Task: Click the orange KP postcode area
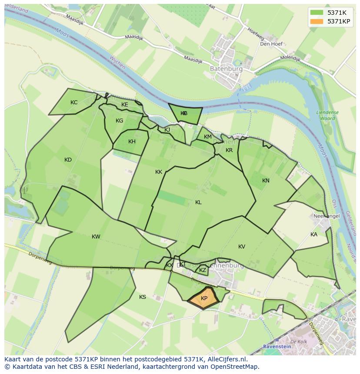[x=204, y=298]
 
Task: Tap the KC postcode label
[x=74, y=103]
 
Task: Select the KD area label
[x=68, y=160]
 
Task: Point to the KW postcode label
[x=96, y=237]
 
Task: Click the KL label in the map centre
[x=198, y=202]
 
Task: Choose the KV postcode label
[x=242, y=247]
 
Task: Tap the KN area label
[x=266, y=181]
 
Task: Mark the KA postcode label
[x=314, y=235]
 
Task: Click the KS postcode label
[x=143, y=297]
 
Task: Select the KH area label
[x=132, y=142]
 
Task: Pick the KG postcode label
[x=120, y=121]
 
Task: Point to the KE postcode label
[x=125, y=105]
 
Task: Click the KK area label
[x=159, y=172]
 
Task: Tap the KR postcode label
[x=229, y=150]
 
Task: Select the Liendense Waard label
[x=327, y=115]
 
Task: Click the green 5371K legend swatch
[x=317, y=13]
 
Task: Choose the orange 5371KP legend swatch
[x=317, y=21]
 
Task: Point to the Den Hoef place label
[x=271, y=44]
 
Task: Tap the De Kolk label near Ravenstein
[x=299, y=342]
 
